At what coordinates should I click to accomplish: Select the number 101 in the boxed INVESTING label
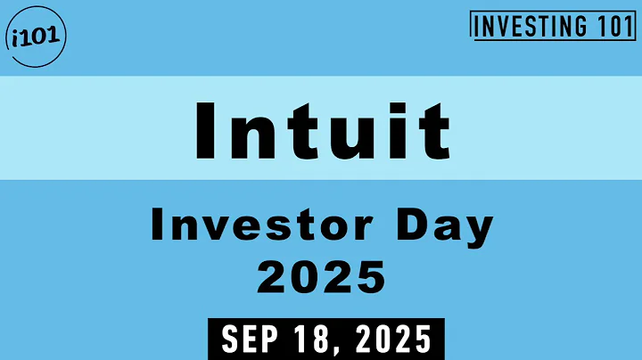[x=612, y=27]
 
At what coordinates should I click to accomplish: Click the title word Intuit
[x=322, y=129]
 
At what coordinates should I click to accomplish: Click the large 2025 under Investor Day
[x=322, y=277]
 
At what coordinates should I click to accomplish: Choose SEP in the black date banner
[x=250, y=340]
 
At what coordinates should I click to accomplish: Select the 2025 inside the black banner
[x=390, y=340]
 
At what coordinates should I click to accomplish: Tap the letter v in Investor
[x=215, y=232]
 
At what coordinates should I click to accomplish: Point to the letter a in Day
[x=442, y=232]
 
